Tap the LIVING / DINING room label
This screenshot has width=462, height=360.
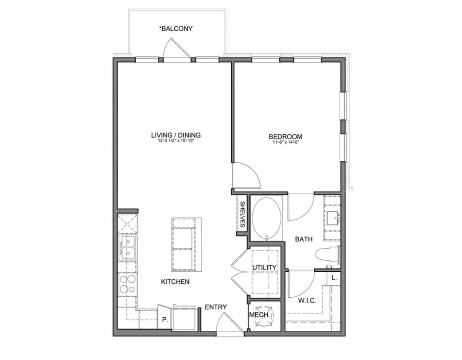pyautogui.click(x=175, y=135)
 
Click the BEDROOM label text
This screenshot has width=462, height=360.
pyautogui.click(x=285, y=136)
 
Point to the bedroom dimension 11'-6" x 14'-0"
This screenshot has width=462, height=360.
pyautogui.click(x=285, y=143)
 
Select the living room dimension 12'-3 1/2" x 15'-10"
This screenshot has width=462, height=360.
pyautogui.click(x=175, y=141)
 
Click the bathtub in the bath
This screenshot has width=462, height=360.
pyautogui.click(x=266, y=218)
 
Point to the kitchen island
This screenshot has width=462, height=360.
pyautogui.click(x=184, y=245)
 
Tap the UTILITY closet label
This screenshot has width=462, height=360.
pyautogui.click(x=264, y=267)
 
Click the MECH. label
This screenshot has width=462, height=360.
pyautogui.click(x=260, y=315)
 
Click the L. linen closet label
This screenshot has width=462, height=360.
pyautogui.click(x=334, y=278)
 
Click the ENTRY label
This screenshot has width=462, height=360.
pyautogui.click(x=216, y=307)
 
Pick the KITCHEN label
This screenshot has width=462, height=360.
pyautogui.click(x=175, y=282)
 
